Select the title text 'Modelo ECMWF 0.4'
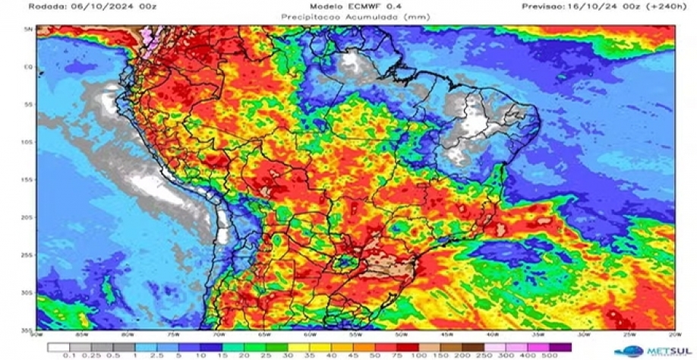[x=348, y=6]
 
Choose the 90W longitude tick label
[x=37, y=334]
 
